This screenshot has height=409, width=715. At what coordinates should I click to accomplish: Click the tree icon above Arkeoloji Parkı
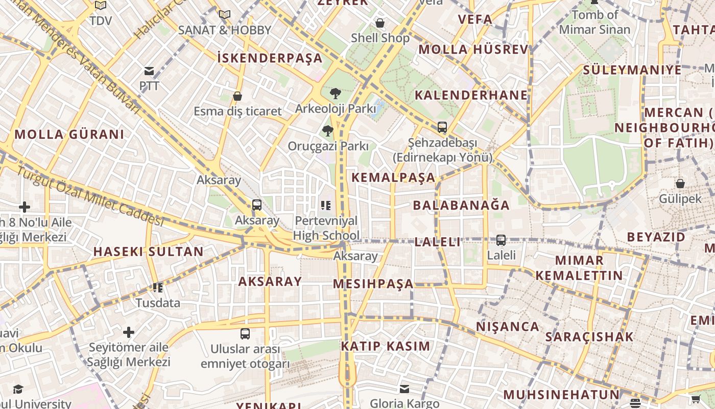click(336, 93)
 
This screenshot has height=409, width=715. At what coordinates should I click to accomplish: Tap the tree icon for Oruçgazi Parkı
click(327, 131)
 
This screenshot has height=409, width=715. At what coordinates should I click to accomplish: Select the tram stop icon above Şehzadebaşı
click(442, 127)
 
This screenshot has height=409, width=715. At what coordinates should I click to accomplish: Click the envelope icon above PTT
click(149, 71)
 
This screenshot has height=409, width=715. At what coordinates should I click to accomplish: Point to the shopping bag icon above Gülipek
click(680, 183)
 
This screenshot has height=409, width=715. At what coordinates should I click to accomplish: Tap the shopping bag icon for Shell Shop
click(379, 22)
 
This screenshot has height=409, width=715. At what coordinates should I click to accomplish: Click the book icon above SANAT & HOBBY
click(225, 14)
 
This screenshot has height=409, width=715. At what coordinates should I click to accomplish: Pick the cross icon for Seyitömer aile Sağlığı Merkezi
click(129, 333)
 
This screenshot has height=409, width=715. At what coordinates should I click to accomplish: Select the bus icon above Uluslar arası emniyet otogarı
click(245, 334)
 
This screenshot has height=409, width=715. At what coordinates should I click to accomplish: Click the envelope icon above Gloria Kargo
click(404, 389)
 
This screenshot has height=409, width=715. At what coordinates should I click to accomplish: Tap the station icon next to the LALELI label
click(501, 240)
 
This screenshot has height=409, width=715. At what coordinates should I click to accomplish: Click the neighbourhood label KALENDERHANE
click(471, 95)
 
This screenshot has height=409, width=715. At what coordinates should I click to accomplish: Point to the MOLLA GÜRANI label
click(69, 135)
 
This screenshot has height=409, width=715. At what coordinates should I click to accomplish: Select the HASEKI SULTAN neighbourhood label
click(148, 252)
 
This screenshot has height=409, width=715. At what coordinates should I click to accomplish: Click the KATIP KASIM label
click(386, 346)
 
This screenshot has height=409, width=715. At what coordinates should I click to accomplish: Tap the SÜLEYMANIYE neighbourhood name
click(632, 70)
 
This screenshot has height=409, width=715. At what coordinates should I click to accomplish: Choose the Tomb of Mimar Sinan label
click(594, 22)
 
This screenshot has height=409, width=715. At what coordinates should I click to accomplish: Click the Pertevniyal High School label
click(326, 229)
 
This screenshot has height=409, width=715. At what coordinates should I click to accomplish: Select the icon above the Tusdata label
click(158, 288)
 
